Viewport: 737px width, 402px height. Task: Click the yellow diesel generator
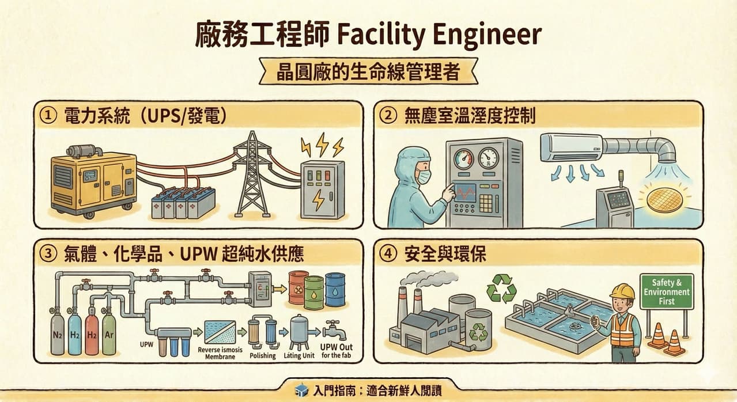(94, 182)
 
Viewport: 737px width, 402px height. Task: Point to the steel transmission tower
(252, 174)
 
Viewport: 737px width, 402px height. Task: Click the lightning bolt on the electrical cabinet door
(318, 199)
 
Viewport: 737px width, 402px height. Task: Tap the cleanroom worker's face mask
(424, 177)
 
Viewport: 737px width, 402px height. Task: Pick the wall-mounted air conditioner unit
(572, 147)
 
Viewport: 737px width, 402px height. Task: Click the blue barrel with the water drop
(335, 290)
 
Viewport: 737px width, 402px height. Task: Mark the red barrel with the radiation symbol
(298, 287)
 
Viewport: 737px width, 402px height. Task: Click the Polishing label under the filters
(263, 355)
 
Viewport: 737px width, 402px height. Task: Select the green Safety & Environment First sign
(667, 292)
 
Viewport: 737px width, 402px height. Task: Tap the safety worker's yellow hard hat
(622, 291)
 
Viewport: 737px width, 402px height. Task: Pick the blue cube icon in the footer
(301, 390)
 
